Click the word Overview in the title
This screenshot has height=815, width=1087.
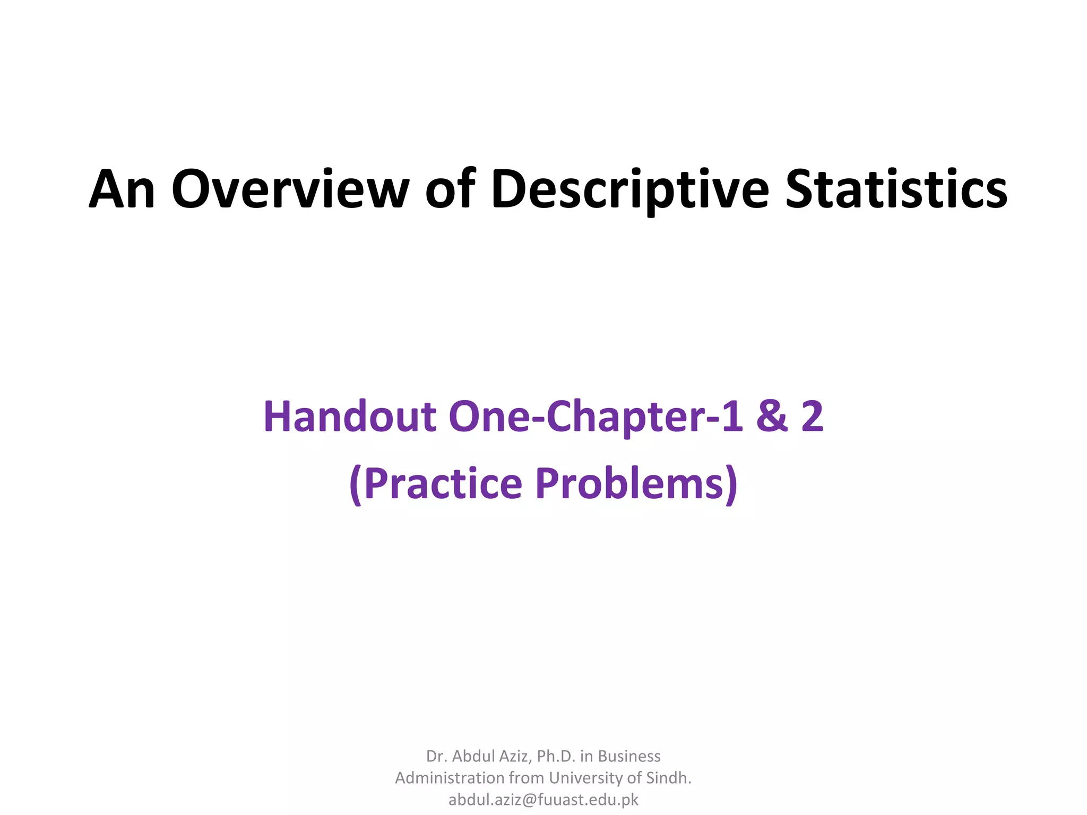[290, 189]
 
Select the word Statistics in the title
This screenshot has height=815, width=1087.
[896, 189]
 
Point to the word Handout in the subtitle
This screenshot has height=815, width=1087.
[350, 417]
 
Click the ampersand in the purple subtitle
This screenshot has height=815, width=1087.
[772, 417]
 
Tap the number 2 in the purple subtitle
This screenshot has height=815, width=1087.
[812, 417]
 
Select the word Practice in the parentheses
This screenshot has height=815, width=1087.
[443, 483]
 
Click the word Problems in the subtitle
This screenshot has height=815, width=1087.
[629, 483]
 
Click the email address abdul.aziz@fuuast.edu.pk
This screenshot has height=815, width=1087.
[543, 800]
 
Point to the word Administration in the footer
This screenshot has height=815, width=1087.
[450, 778]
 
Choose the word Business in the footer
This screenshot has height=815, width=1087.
[629, 756]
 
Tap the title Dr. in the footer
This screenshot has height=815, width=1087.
[435, 756]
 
